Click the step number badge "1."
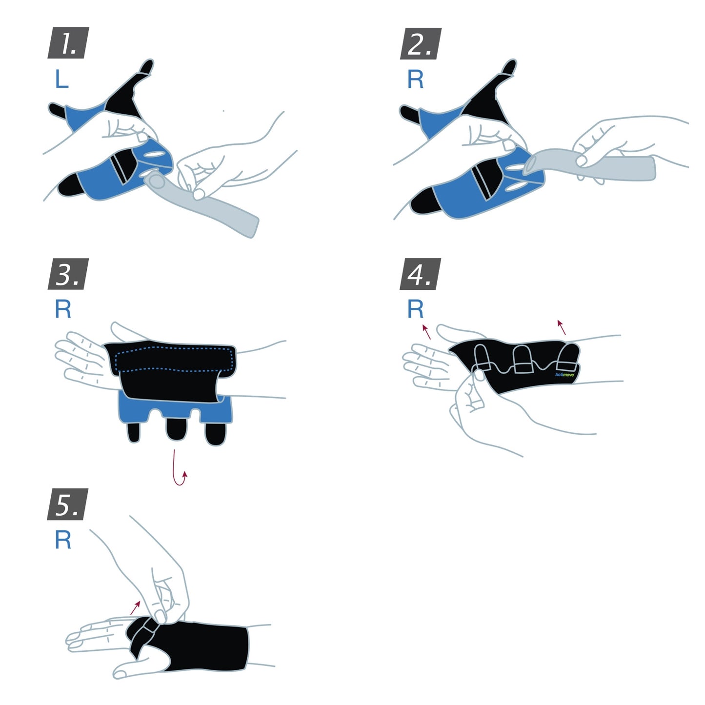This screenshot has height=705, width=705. [68, 43]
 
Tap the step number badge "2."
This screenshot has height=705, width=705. [420, 43]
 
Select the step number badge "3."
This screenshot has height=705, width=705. [68, 274]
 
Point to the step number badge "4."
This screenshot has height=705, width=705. [420, 274]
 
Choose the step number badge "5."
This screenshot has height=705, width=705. [68, 504]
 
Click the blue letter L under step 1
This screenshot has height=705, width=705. [61, 79]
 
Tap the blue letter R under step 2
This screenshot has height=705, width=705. [416, 79]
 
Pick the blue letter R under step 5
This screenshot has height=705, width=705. [63, 540]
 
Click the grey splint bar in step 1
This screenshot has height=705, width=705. [210, 205]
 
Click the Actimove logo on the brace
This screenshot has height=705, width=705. [564, 375]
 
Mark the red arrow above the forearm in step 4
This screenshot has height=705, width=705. [562, 327]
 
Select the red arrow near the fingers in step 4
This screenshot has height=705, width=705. [426, 331]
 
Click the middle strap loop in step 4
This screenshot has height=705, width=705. [523, 360]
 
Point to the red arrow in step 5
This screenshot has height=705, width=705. [135, 607]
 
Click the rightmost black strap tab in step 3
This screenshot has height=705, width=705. [215, 434]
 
